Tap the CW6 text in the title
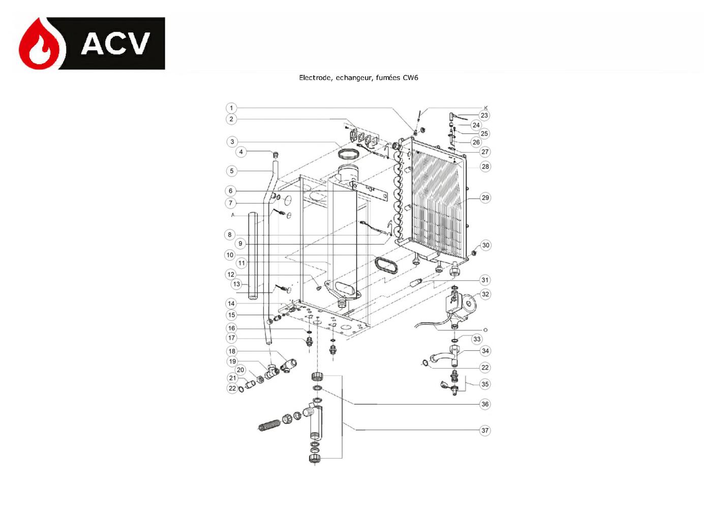(410, 78)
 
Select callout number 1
(231, 108)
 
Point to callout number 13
(236, 284)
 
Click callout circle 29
(485, 198)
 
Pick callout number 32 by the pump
(485, 294)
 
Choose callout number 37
(485, 430)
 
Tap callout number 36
(485, 404)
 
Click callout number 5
(232, 171)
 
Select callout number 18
(232, 351)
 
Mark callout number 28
(485, 166)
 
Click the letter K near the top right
(486, 108)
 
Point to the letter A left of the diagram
(233, 215)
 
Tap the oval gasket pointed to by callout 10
(386, 265)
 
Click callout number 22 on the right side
(485, 368)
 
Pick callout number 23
(484, 116)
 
